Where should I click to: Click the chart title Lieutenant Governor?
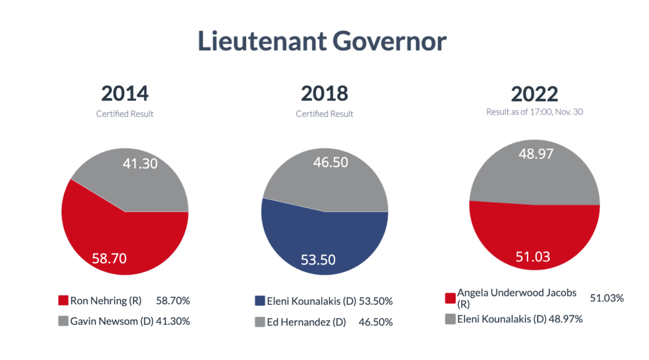(322, 41)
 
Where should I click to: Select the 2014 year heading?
(124, 94)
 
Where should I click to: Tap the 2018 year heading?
(325, 94)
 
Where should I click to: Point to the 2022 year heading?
(534, 94)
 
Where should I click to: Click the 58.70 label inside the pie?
(109, 258)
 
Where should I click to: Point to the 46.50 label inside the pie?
(330, 163)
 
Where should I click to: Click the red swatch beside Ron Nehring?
(63, 301)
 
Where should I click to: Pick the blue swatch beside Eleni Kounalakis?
(260, 301)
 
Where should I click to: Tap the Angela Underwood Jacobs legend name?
(516, 293)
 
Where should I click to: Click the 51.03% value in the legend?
(607, 298)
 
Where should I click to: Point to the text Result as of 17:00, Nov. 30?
(534, 112)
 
